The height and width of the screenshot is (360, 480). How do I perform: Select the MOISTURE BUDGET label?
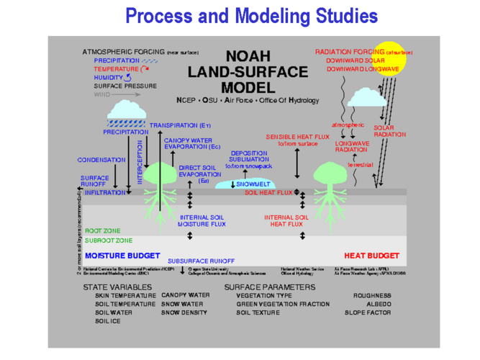(x=117, y=256)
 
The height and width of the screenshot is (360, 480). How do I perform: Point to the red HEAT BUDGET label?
(x=371, y=256)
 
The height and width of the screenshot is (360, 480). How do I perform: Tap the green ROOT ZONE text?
(x=103, y=231)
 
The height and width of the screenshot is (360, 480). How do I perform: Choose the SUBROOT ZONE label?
(x=108, y=240)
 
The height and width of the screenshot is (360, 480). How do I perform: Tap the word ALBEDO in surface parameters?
(x=378, y=304)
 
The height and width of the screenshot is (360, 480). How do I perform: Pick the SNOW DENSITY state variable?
(x=185, y=312)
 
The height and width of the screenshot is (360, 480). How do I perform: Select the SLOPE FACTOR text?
(x=368, y=312)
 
